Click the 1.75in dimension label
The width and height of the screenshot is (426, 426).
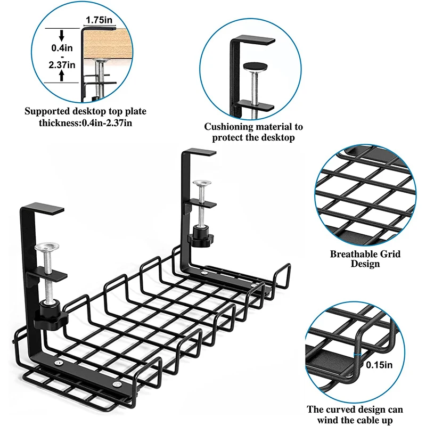tap(99, 20)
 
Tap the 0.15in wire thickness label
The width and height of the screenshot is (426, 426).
tap(379, 365)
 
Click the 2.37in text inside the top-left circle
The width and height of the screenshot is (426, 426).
tap(62, 65)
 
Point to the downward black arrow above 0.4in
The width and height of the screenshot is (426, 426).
tap(62, 35)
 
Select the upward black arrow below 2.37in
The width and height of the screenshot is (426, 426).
tap(62, 75)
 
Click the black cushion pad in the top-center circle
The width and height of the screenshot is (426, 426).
tap(256, 66)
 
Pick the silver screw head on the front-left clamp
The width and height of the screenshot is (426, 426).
tap(47, 247)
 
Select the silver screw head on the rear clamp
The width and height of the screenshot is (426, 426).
tap(202, 183)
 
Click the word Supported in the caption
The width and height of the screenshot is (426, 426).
tap(47, 111)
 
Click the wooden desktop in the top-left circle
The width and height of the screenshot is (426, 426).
tap(108, 44)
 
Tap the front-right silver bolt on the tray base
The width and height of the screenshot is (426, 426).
tap(117, 384)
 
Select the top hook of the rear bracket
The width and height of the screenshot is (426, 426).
tap(199, 152)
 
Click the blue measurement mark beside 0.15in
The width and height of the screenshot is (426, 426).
tap(357, 355)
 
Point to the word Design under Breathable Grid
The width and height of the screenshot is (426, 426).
tap(365, 264)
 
